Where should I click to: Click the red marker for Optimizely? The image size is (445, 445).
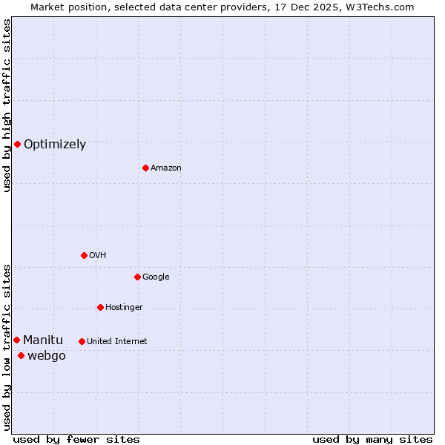(17, 144)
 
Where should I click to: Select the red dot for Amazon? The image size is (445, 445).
(145, 168)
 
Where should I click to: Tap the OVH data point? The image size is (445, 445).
(84, 255)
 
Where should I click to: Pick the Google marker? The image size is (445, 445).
(137, 277)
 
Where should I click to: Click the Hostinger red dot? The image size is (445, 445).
(100, 307)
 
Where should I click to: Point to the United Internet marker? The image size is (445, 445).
(82, 341)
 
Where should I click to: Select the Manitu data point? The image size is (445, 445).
(16, 340)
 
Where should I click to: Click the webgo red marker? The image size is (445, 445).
(21, 356)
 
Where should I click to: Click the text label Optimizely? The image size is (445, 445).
(55, 145)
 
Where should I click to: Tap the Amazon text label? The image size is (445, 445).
(166, 168)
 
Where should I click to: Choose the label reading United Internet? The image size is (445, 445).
(116, 342)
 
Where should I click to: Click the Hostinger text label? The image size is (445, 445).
(124, 308)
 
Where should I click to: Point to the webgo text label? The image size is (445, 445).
(47, 356)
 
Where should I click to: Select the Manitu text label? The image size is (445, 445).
(43, 340)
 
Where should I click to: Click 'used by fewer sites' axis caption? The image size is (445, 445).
(76, 439)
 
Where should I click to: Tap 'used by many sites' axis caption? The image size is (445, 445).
(372, 439)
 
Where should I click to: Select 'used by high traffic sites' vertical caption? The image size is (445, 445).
(7, 105)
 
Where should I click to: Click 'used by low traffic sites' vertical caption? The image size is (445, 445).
(7, 347)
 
